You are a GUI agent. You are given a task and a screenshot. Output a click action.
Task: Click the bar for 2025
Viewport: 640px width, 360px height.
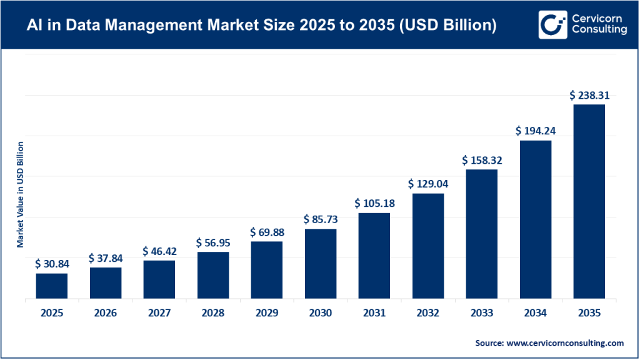coord(51,286)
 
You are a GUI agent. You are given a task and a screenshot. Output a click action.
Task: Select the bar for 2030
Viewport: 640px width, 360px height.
coord(321,264)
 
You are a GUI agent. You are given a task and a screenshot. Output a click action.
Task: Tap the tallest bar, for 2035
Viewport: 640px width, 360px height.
coord(589,201)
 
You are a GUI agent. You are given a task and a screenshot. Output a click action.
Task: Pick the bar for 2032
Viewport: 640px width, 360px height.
coord(428,246)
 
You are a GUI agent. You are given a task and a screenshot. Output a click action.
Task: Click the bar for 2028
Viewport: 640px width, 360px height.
coord(213,275)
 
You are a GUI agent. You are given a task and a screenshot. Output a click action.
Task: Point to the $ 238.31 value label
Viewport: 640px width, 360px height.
coord(589,96)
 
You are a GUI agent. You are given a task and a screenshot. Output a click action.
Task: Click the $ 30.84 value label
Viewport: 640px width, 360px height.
coord(51,264)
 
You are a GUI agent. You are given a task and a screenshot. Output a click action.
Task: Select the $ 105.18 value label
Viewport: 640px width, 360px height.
coord(374,204)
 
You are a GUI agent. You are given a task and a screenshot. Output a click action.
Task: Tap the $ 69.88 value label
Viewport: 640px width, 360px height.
coord(267,232)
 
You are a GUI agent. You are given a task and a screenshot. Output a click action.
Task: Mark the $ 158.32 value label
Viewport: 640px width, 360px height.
coord(482,161)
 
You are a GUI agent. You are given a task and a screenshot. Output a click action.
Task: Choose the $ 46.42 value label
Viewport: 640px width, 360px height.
coord(159,251)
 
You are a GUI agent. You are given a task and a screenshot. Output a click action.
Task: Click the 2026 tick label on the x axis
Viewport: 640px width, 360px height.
coord(105,313)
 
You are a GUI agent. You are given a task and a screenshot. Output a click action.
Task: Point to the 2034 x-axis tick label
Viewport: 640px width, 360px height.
coord(536,313)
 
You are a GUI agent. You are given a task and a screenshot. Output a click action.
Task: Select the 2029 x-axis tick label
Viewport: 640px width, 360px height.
coord(267,313)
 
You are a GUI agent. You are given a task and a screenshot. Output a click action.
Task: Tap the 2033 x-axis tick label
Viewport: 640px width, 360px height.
coord(482,313)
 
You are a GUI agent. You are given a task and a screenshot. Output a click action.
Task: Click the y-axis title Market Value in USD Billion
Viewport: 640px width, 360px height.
coord(20,194)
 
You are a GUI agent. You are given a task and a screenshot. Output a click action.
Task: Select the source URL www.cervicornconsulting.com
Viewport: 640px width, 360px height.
coord(565,343)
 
